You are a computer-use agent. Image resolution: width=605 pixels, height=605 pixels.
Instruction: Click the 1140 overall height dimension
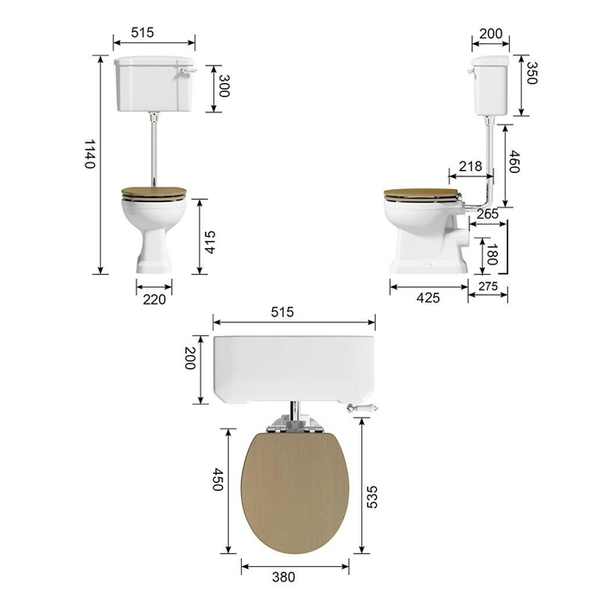[90, 154]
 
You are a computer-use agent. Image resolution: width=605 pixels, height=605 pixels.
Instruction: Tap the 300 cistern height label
[224, 86]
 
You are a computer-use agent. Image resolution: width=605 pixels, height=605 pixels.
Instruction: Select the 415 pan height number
[210, 242]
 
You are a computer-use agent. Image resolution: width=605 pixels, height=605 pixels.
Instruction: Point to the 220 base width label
[154, 299]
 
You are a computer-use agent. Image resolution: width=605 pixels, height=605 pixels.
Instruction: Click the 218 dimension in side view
[470, 166]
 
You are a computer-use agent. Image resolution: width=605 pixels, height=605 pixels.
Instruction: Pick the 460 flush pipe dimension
[514, 162]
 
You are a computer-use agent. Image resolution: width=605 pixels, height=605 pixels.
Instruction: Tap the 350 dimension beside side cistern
[531, 73]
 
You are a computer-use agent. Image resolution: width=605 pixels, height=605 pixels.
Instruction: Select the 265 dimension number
[487, 213]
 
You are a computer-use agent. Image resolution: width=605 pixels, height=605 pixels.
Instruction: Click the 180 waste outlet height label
[492, 254]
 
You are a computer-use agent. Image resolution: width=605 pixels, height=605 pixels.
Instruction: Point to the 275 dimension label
[488, 286]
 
